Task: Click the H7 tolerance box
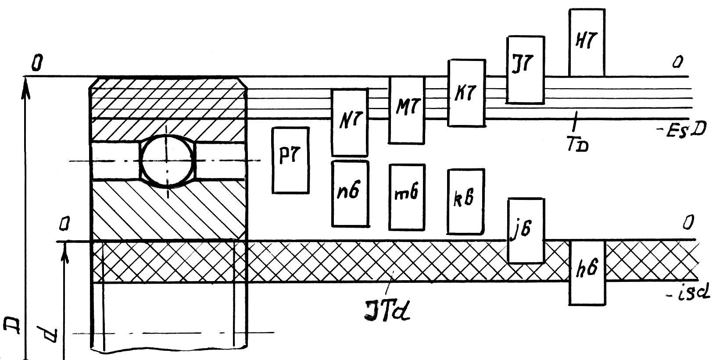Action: (587, 43)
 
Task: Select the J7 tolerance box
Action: (525, 70)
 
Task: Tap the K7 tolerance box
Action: (466, 93)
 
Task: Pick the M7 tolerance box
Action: (407, 110)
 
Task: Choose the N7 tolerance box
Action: (349, 122)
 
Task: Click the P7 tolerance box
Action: (290, 160)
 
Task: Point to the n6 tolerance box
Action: (350, 194)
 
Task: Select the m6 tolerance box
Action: (407, 197)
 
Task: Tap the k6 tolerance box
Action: (465, 201)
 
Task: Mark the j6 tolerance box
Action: (526, 231)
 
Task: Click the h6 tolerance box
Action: (587, 272)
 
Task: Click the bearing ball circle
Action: (167, 160)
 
